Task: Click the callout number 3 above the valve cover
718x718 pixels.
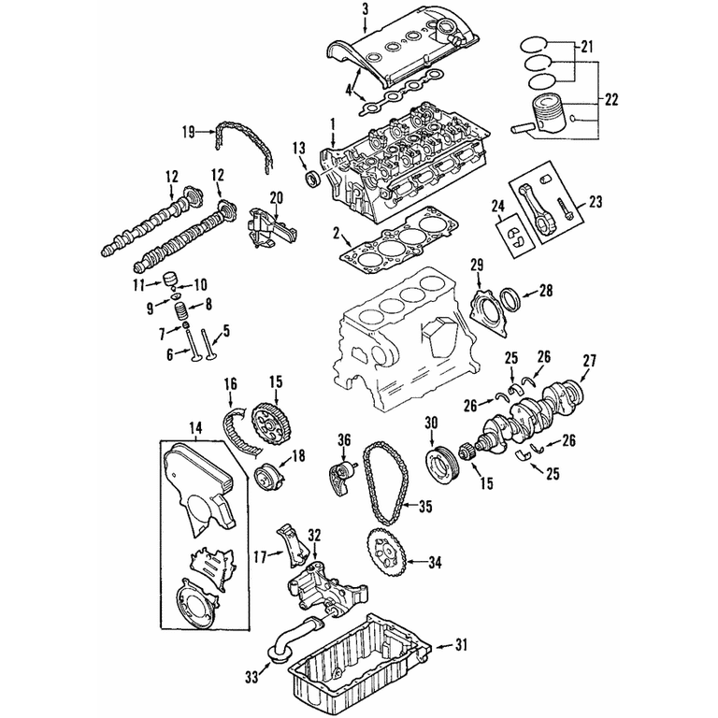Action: coord(365,10)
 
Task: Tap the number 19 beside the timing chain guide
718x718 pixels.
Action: coord(189,133)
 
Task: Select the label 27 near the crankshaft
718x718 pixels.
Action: coord(589,361)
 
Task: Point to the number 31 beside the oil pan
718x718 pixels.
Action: coord(461,645)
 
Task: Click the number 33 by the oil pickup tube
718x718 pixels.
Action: coord(251,677)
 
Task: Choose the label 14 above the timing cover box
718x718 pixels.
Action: coord(195,428)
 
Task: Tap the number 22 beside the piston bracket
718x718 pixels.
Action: coord(611,99)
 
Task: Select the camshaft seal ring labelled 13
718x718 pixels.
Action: coord(314,179)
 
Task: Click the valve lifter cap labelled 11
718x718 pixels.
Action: coord(170,278)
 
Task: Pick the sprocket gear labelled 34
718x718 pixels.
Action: coord(387,553)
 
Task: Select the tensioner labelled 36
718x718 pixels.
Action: coord(341,479)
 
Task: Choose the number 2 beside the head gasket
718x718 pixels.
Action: coord(337,235)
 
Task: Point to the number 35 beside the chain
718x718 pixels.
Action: coord(425,507)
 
